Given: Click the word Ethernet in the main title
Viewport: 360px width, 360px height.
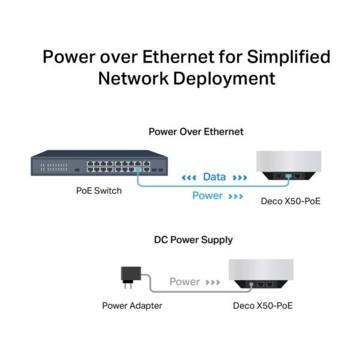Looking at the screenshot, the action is (x=178, y=56).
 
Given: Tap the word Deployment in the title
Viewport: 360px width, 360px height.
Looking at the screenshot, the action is (x=224, y=79).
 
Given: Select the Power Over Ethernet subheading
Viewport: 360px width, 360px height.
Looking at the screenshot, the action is (x=196, y=131).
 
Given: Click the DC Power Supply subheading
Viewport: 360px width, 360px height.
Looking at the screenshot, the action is (x=193, y=240).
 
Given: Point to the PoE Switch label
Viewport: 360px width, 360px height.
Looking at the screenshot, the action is (x=99, y=191).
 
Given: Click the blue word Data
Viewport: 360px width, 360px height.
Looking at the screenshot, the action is (x=214, y=177).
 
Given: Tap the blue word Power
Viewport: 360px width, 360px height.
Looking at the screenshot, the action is (x=208, y=196).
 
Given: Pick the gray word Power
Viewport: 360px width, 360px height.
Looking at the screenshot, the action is (x=185, y=282).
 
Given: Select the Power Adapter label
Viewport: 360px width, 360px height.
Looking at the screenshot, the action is (x=132, y=305).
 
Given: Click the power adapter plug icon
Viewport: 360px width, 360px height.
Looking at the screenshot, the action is (x=131, y=277).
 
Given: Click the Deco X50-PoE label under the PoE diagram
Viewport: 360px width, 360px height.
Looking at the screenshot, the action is (x=290, y=201).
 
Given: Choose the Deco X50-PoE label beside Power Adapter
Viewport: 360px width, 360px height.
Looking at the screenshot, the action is (x=263, y=305).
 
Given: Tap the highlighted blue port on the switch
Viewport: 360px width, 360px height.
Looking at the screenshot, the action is (x=138, y=170).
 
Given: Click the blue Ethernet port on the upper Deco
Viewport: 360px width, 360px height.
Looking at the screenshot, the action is (x=289, y=176).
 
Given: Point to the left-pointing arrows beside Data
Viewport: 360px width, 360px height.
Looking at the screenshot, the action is (x=189, y=178).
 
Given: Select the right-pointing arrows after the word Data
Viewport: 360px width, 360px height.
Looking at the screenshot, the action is (x=240, y=178).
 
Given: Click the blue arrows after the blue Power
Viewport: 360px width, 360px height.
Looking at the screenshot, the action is (x=236, y=196).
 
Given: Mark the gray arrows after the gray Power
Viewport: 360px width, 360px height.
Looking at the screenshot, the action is (x=213, y=282).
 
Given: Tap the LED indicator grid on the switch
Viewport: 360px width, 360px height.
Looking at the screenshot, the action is (x=54, y=167).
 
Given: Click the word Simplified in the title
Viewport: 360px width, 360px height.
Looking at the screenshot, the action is (x=289, y=56).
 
